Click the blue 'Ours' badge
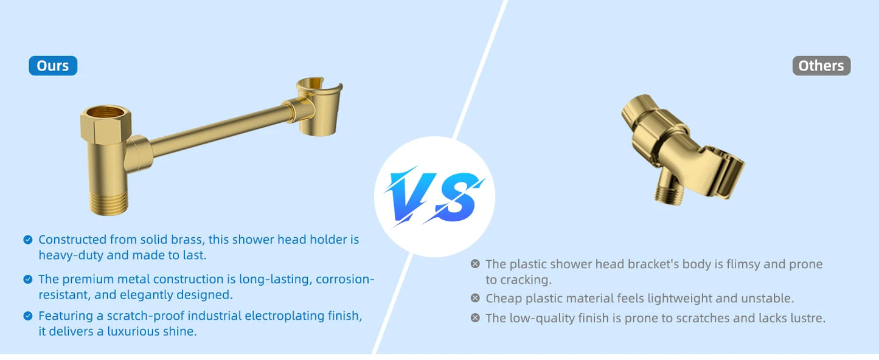(53, 66)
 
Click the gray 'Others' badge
(821, 66)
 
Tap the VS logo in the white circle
(434, 197)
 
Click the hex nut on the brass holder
(106, 122)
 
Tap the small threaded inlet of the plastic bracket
(669, 193)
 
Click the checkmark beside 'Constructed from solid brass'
(28, 240)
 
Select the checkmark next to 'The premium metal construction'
(28, 279)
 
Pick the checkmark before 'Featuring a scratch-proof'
(28, 316)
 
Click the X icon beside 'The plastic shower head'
(475, 264)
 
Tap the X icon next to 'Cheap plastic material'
(475, 298)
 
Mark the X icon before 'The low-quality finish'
(475, 318)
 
